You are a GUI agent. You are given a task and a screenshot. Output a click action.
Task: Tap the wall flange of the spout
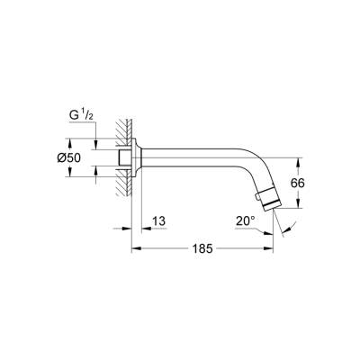coord(137,158)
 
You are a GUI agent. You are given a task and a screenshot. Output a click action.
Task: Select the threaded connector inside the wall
coord(121,158)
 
